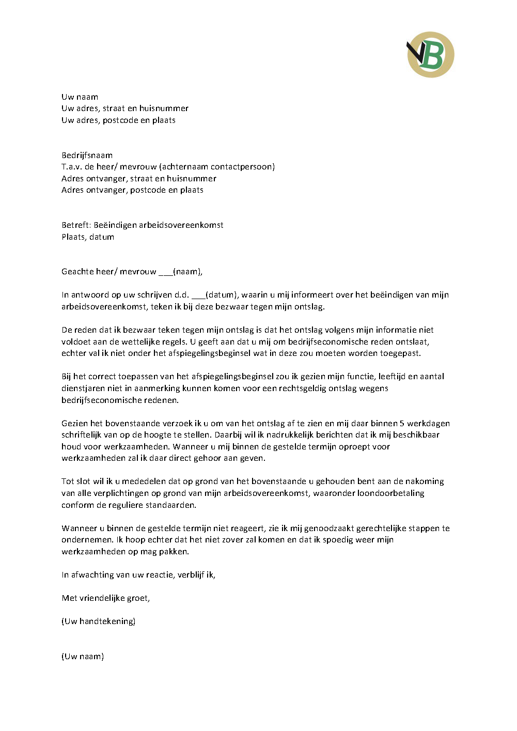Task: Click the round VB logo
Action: coord(430,55)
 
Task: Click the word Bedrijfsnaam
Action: coord(87,155)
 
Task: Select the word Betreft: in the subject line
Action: coord(76,225)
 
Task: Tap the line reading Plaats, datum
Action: coord(88,237)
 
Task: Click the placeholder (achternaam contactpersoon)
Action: coord(217,166)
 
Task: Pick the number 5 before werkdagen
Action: coord(402,423)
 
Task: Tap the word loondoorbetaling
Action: coord(390,493)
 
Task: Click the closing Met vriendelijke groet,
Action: coord(106,598)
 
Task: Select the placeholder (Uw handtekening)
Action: coord(99,621)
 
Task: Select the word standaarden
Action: coord(168,505)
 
